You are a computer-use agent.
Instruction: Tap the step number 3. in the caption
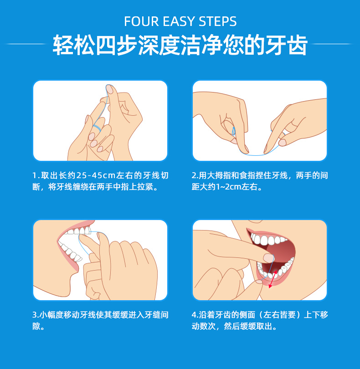[36, 315]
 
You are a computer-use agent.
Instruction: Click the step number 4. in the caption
[195, 315]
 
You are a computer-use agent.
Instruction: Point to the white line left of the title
[25, 44]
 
